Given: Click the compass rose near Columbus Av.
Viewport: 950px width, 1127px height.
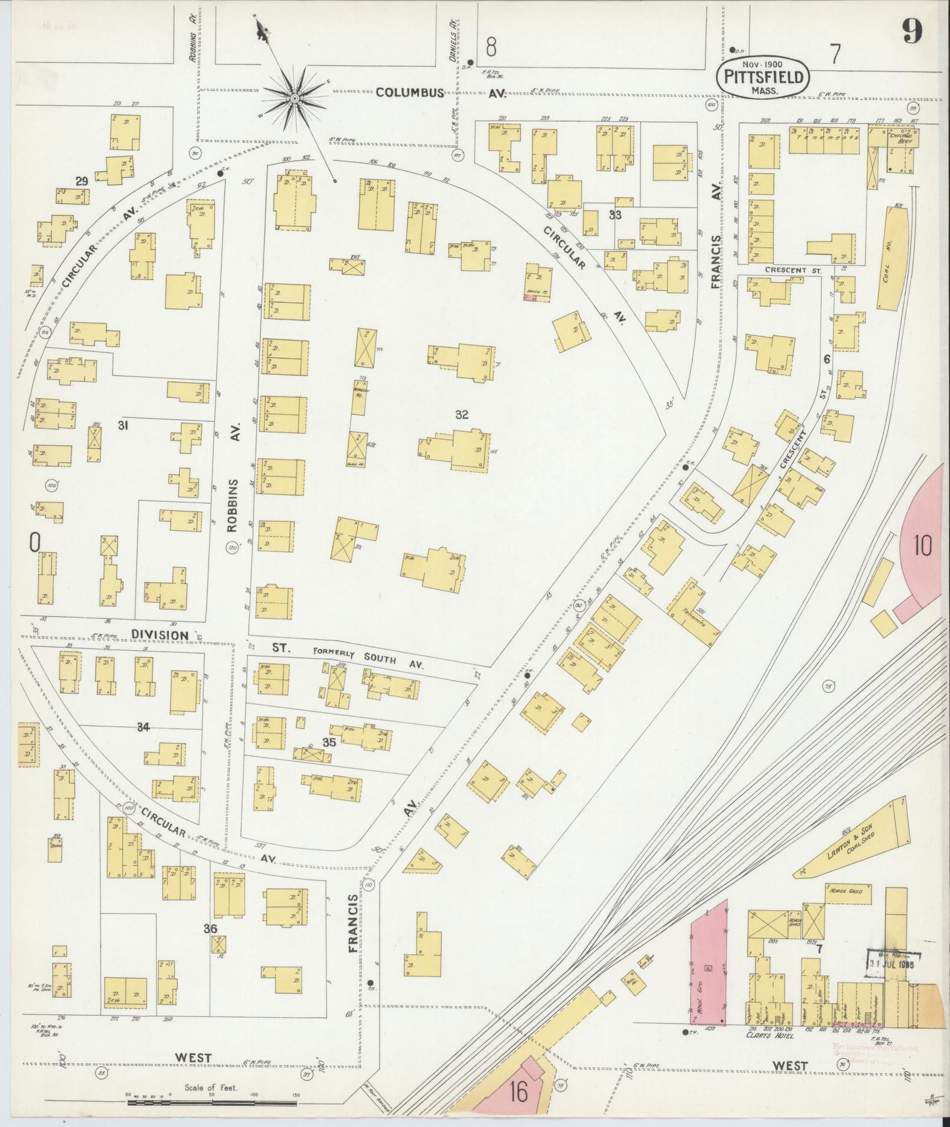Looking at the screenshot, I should click(295, 99).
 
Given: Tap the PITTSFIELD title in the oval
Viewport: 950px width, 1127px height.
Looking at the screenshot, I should click(763, 77).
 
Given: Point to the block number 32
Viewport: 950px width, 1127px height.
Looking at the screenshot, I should click(462, 414).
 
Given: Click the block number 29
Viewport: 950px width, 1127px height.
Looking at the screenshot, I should click(82, 181).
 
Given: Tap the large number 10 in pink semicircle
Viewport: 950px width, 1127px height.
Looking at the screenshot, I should click(922, 546).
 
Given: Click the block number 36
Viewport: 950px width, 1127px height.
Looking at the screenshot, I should click(210, 928).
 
